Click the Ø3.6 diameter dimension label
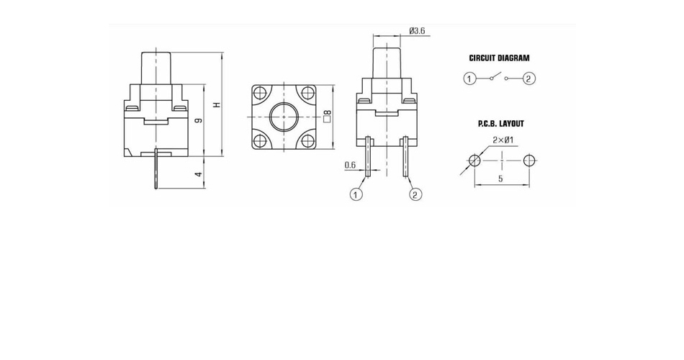click(x=417, y=30)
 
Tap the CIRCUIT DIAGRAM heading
click(x=499, y=58)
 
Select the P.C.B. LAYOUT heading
click(x=501, y=124)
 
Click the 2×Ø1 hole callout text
click(x=503, y=140)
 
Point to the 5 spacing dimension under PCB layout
click(x=500, y=179)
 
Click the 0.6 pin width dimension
click(x=350, y=164)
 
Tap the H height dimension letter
click(x=217, y=104)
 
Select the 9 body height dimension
click(x=199, y=120)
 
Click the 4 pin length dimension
click(x=199, y=174)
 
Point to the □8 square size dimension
click(x=327, y=116)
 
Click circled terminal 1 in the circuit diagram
click(x=469, y=78)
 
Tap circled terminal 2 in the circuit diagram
click(x=528, y=78)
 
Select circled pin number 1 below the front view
click(x=356, y=194)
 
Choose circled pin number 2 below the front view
click(x=415, y=194)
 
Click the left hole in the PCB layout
click(x=474, y=160)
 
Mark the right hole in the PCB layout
click(x=529, y=160)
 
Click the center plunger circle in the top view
click(x=284, y=117)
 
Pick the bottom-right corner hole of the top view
click(x=307, y=140)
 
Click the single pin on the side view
click(x=156, y=169)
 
